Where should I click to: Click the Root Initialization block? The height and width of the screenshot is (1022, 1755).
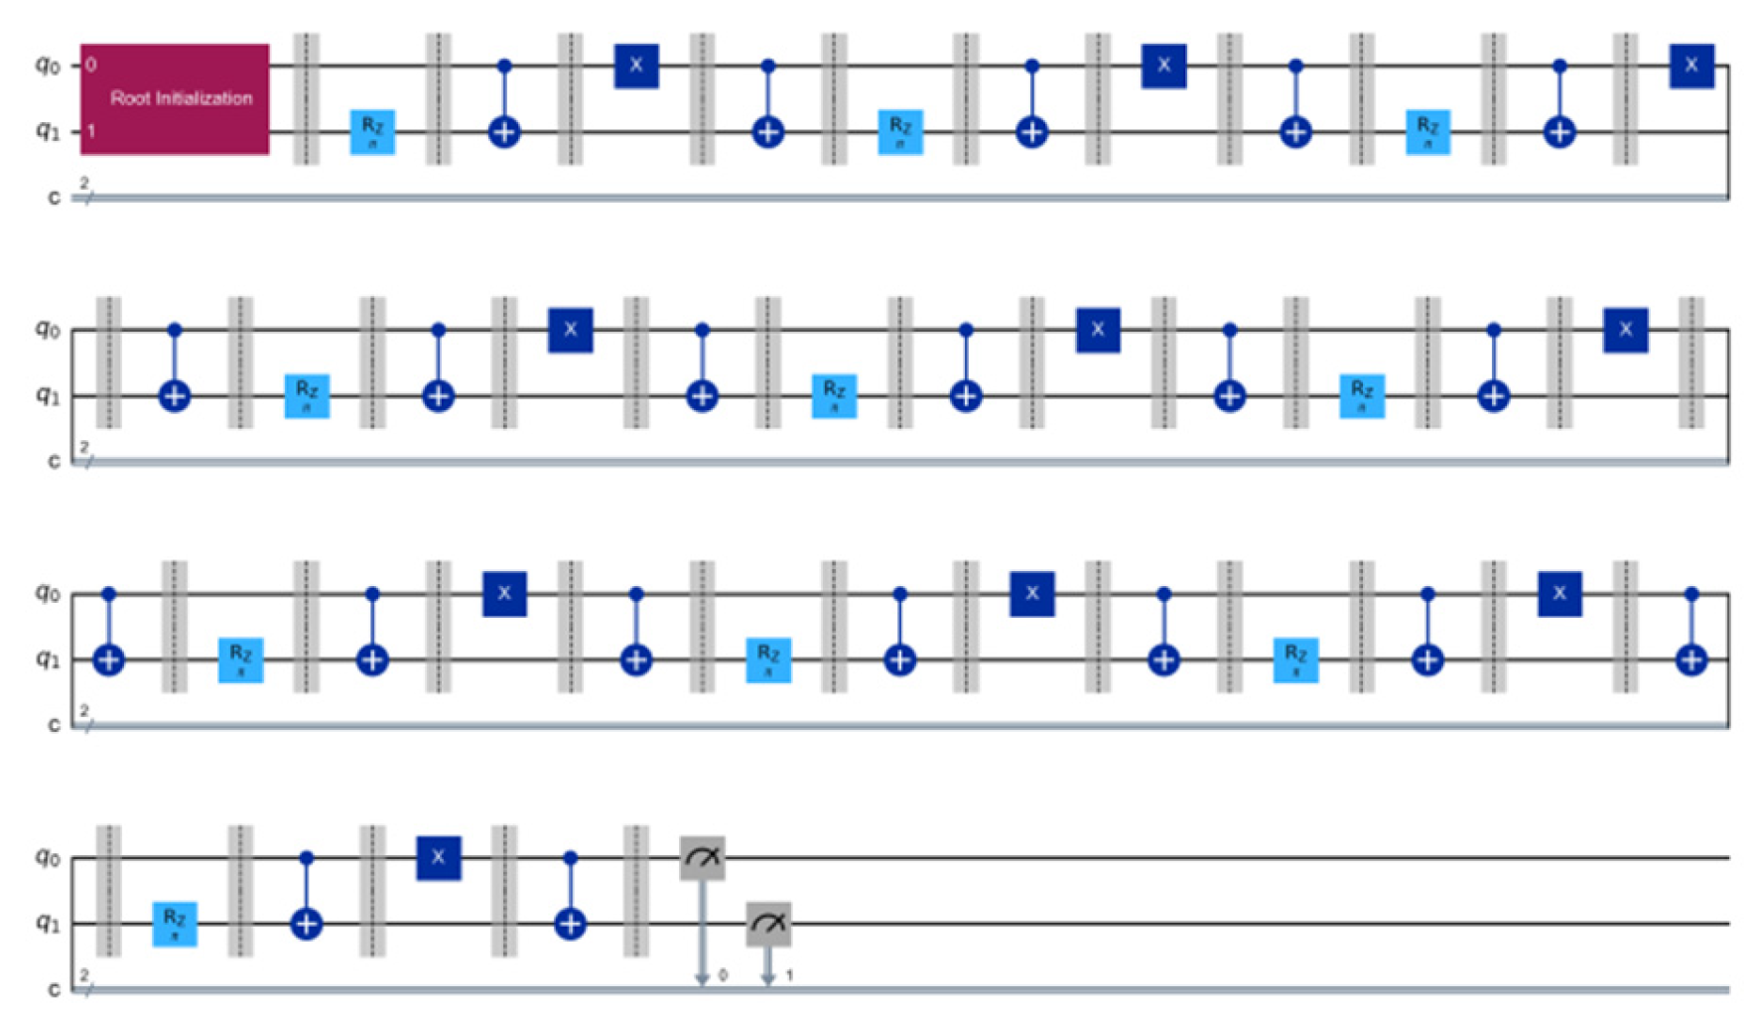tap(175, 98)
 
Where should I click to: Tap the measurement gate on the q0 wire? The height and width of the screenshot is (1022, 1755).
tap(702, 858)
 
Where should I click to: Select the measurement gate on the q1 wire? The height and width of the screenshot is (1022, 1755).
tap(768, 924)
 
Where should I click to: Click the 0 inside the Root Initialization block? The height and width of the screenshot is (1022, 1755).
tap(91, 66)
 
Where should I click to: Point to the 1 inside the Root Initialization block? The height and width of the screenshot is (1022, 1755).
tap(91, 131)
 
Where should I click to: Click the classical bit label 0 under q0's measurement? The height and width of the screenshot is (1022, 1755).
tap(723, 976)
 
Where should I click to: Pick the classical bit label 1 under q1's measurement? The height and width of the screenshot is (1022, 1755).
tap(789, 976)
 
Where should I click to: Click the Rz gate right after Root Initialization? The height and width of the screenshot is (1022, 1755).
tap(372, 131)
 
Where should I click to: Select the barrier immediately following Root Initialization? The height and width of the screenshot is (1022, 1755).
tap(306, 98)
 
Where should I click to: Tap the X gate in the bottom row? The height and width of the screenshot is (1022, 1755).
tap(438, 858)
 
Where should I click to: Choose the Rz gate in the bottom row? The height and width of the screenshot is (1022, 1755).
tap(175, 924)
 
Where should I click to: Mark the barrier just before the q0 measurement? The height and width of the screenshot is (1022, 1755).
tap(635, 891)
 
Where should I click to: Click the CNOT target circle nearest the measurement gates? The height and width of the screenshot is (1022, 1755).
tap(570, 925)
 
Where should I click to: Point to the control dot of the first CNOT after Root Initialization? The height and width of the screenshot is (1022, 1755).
tap(504, 66)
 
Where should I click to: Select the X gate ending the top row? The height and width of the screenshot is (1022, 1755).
tap(1691, 66)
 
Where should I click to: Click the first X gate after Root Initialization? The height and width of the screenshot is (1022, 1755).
tap(636, 66)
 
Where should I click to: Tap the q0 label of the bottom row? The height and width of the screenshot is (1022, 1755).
tap(48, 856)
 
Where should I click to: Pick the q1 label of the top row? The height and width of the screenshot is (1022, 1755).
tap(48, 131)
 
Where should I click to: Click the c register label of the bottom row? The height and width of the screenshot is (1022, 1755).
tap(54, 989)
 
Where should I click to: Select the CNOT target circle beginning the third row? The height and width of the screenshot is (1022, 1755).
tap(109, 659)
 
